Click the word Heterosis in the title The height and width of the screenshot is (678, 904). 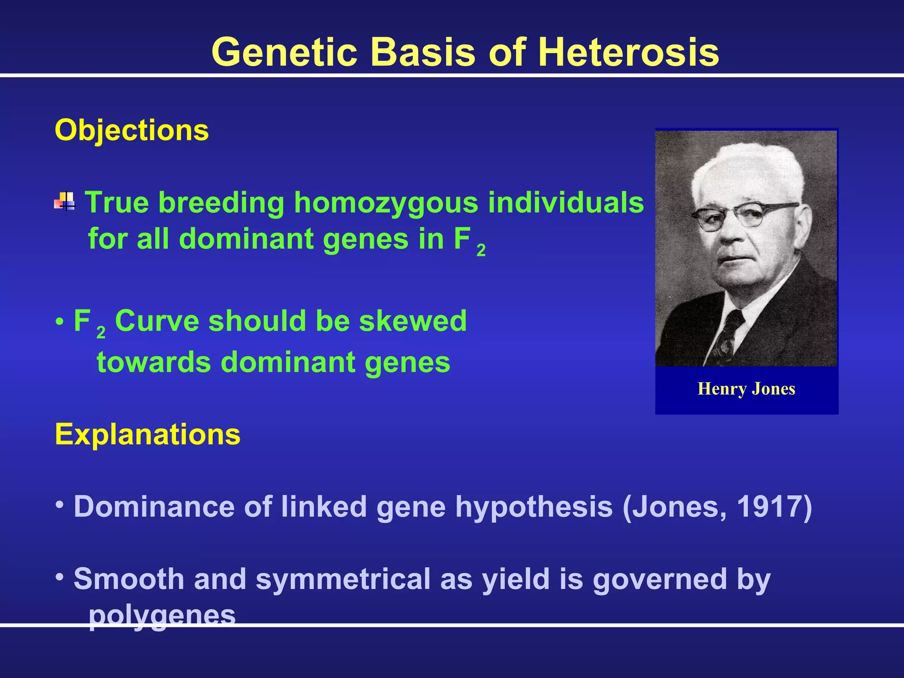[x=628, y=52]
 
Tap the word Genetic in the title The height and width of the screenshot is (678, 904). [x=284, y=52]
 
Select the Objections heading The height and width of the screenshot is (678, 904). [x=132, y=131]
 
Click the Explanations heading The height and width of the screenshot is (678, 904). [x=147, y=434]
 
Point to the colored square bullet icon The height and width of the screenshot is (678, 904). [x=65, y=201]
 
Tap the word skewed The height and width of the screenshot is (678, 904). [x=413, y=321]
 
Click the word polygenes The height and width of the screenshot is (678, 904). [x=162, y=615]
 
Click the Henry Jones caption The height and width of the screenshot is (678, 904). [x=746, y=389]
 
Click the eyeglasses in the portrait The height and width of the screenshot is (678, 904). [x=742, y=215]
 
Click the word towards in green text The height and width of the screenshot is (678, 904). [x=154, y=362]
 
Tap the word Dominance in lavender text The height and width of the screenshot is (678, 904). [x=154, y=507]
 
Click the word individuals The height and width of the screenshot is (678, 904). [x=566, y=203]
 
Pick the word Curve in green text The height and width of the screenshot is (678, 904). [x=157, y=321]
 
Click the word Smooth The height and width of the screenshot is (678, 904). [x=128, y=579]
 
